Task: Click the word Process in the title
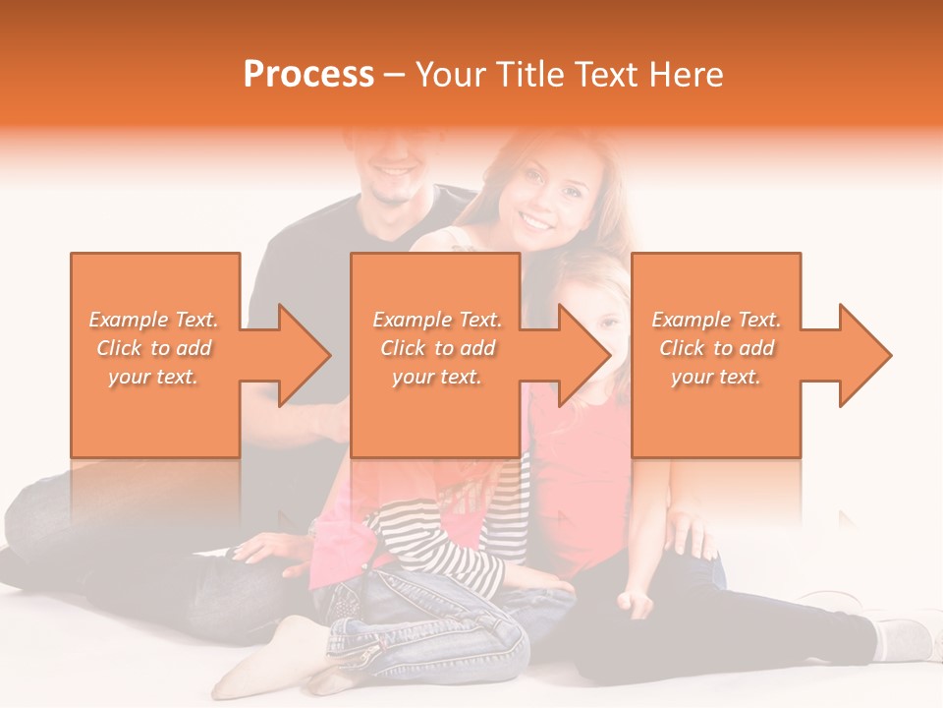click(x=308, y=75)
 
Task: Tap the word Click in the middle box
click(x=403, y=348)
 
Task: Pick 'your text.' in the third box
click(x=715, y=377)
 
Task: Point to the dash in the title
click(x=394, y=75)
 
